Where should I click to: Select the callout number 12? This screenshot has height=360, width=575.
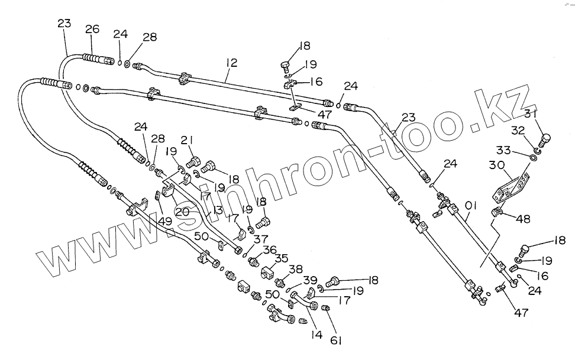(x=232, y=61)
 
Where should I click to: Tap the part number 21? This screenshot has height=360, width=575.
(x=187, y=140)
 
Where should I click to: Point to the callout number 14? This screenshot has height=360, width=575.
(x=316, y=335)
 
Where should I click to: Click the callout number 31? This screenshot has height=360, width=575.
(x=531, y=115)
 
